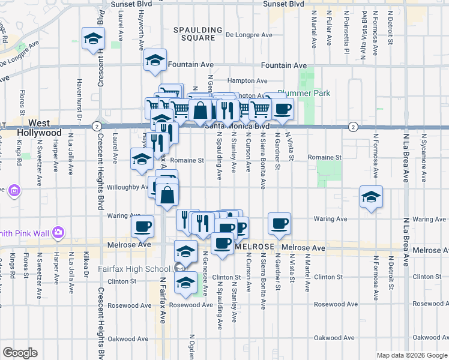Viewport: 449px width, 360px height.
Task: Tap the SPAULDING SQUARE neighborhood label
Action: tap(194, 34)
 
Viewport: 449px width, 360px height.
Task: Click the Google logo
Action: tap(20, 353)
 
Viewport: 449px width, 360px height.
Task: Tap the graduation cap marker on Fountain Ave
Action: tap(155, 61)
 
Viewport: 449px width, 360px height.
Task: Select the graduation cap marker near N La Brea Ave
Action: tap(371, 196)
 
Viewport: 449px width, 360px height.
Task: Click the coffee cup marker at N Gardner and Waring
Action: tap(279, 223)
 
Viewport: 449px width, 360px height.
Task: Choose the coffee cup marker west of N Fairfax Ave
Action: tap(142, 226)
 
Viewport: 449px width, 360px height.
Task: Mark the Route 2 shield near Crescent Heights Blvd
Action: tap(96, 126)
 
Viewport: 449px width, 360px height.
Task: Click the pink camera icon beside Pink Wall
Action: tap(58, 232)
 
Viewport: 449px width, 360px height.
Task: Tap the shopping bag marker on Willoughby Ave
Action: tap(169, 194)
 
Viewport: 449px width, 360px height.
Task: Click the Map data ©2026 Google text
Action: tap(411, 355)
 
